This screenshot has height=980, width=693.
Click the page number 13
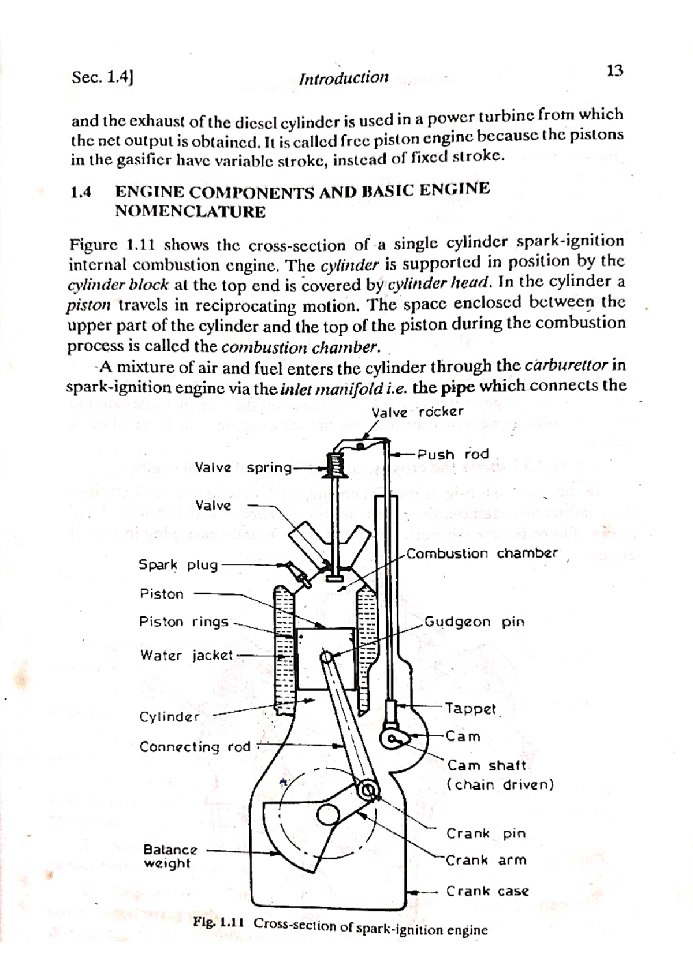click(x=614, y=72)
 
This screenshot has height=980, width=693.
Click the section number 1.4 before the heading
click(x=81, y=192)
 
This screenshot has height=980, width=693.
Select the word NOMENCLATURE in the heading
click(x=191, y=212)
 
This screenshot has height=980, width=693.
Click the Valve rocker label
click(x=418, y=412)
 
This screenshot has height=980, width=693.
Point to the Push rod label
click(x=453, y=454)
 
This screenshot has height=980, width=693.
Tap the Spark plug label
click(x=178, y=565)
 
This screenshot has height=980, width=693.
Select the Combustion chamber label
click(x=482, y=553)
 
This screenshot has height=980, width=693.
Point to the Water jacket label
click(x=186, y=656)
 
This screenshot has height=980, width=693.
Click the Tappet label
click(x=470, y=709)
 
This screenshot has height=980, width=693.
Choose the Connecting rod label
click(x=195, y=747)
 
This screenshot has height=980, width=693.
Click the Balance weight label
click(x=170, y=856)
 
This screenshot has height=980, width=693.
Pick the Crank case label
click(x=487, y=891)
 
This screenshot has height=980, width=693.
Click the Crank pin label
click(x=486, y=834)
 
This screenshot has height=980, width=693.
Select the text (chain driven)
click(x=500, y=785)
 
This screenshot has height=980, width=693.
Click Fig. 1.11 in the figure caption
click(x=220, y=922)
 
